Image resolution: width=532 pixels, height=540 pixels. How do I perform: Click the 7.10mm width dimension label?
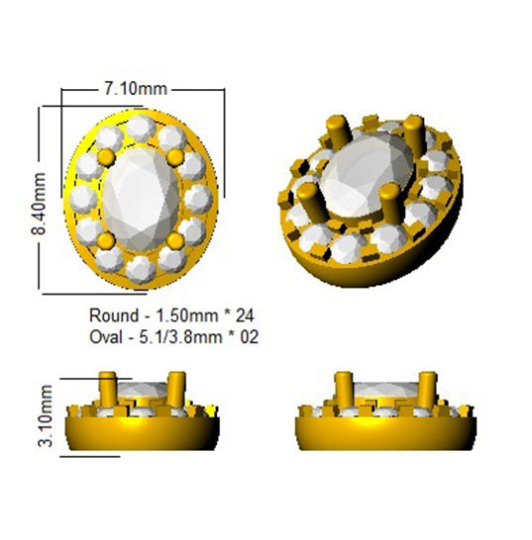[x=136, y=89]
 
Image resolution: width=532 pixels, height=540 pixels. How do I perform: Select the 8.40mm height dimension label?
[x=39, y=204]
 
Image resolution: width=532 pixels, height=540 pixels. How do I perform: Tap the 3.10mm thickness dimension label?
[x=46, y=416]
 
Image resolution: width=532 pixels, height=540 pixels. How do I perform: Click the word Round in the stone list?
[x=114, y=315]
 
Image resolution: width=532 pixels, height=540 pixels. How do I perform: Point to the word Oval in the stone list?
[x=106, y=337]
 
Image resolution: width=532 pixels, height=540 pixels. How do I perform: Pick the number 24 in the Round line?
[x=245, y=315]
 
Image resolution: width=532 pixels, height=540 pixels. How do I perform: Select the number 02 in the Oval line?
[x=249, y=337]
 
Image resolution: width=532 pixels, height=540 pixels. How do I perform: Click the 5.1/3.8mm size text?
[x=180, y=337]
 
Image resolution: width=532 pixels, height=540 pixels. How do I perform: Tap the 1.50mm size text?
[x=187, y=315]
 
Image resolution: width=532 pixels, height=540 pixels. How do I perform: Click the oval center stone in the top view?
[x=141, y=199]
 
